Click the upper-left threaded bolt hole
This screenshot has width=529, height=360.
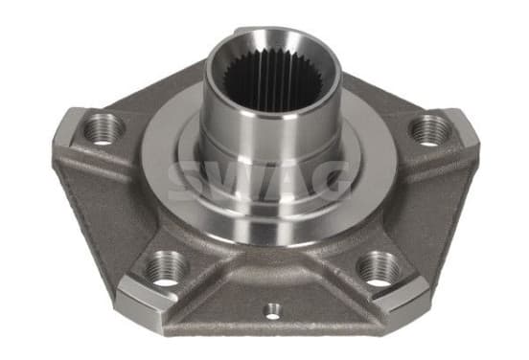[x=103, y=129]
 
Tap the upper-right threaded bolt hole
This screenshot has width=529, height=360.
[x=429, y=130]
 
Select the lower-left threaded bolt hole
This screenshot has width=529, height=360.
[x=167, y=268]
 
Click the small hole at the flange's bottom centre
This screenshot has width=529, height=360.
[x=272, y=311]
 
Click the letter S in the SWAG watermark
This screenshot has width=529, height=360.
[x=188, y=181]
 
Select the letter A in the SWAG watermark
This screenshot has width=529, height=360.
[x=289, y=181]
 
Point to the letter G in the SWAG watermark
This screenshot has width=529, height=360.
[x=330, y=181]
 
